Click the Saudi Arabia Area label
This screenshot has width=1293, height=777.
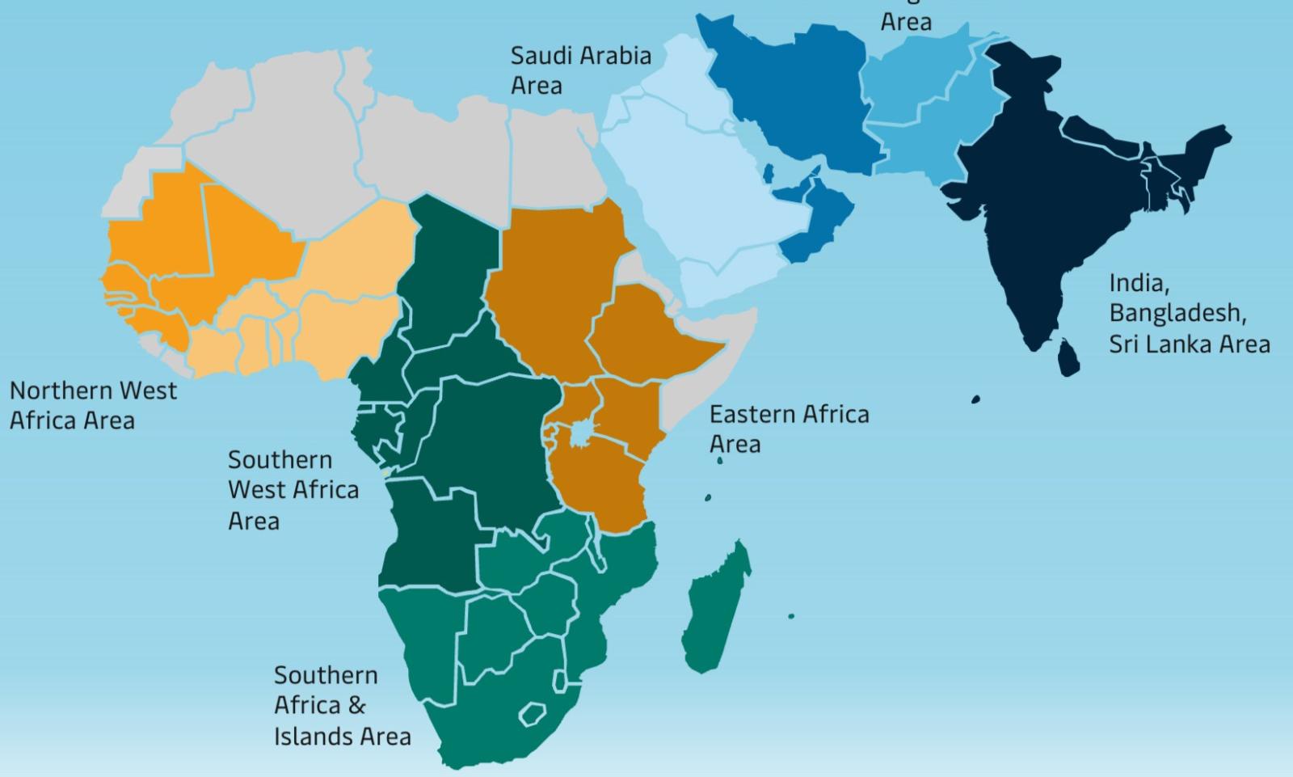580,70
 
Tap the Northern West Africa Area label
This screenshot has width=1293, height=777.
93,405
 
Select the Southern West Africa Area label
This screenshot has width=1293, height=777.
293,490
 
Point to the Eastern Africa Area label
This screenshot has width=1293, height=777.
789,429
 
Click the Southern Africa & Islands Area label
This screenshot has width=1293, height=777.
341,706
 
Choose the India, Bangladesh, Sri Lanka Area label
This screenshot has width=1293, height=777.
1188,314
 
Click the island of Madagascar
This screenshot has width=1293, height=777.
715,606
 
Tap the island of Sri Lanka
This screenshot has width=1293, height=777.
1068,357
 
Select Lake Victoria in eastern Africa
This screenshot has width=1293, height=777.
580,435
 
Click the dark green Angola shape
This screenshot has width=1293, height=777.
428,534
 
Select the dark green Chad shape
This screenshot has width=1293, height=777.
449,267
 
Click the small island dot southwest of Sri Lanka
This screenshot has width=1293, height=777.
975,399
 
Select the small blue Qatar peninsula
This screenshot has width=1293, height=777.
769,172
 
